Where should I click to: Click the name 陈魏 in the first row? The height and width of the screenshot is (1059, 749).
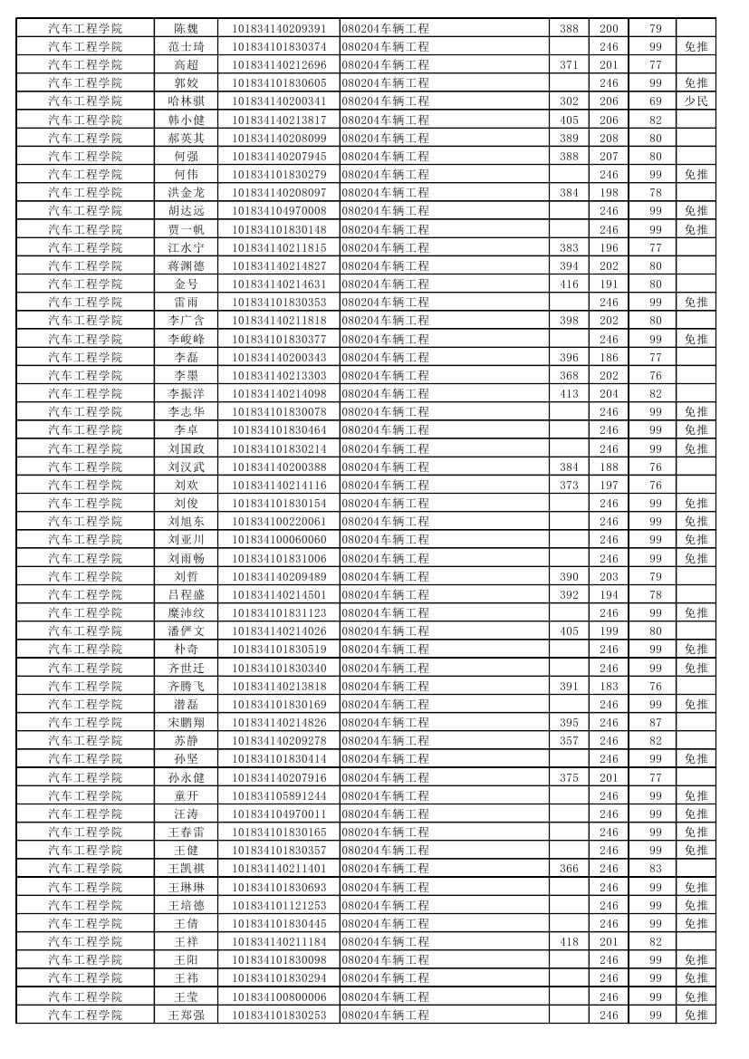point(186,28)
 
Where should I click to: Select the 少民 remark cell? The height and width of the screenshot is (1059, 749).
point(696,101)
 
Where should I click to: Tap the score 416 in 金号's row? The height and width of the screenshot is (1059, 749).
point(569,284)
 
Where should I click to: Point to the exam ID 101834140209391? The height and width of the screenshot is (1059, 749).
point(279,28)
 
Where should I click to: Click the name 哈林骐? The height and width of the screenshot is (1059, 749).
point(186,101)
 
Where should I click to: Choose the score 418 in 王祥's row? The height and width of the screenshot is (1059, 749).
point(569,941)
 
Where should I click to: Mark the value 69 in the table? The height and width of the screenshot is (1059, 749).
point(656,101)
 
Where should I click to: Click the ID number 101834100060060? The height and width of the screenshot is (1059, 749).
point(279,539)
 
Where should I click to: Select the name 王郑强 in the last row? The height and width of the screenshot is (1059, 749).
point(186,1015)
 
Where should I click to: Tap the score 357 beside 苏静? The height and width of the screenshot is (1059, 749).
point(569,740)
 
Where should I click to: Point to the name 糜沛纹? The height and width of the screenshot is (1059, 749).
point(186,612)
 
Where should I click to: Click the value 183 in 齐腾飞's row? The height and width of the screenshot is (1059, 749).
point(609,686)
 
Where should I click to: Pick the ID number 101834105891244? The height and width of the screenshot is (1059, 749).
point(279,795)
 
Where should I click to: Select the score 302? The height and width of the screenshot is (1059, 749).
point(569,101)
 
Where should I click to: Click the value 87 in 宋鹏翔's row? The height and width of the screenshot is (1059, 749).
point(656,722)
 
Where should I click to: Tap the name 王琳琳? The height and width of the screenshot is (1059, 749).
point(186,887)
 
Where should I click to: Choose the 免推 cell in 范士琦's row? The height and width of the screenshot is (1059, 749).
point(696,46)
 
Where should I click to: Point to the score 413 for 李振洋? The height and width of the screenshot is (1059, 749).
point(569,393)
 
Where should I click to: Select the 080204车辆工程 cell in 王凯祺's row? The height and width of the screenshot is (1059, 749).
point(386,868)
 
